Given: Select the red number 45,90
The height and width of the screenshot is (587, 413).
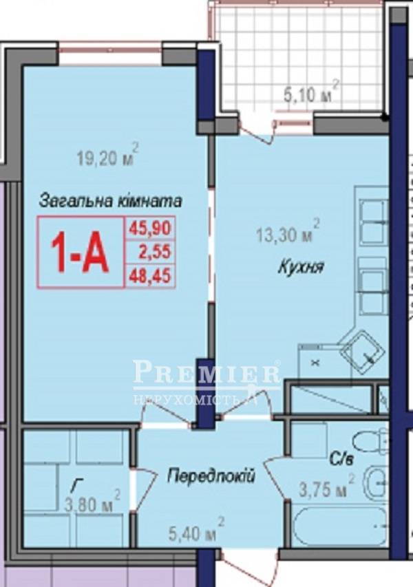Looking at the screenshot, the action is (x=150, y=228).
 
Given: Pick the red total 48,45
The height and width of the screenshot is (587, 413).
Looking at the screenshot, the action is (x=150, y=276).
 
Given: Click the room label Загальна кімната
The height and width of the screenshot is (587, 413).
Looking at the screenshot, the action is (x=110, y=201).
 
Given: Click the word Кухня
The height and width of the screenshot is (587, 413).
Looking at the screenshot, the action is (x=301, y=268).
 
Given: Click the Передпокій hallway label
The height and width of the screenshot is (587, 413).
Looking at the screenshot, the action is (x=211, y=476).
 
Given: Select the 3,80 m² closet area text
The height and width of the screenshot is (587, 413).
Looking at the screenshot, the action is (x=92, y=504).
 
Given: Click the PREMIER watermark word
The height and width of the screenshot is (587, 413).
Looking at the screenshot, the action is (x=206, y=373).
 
